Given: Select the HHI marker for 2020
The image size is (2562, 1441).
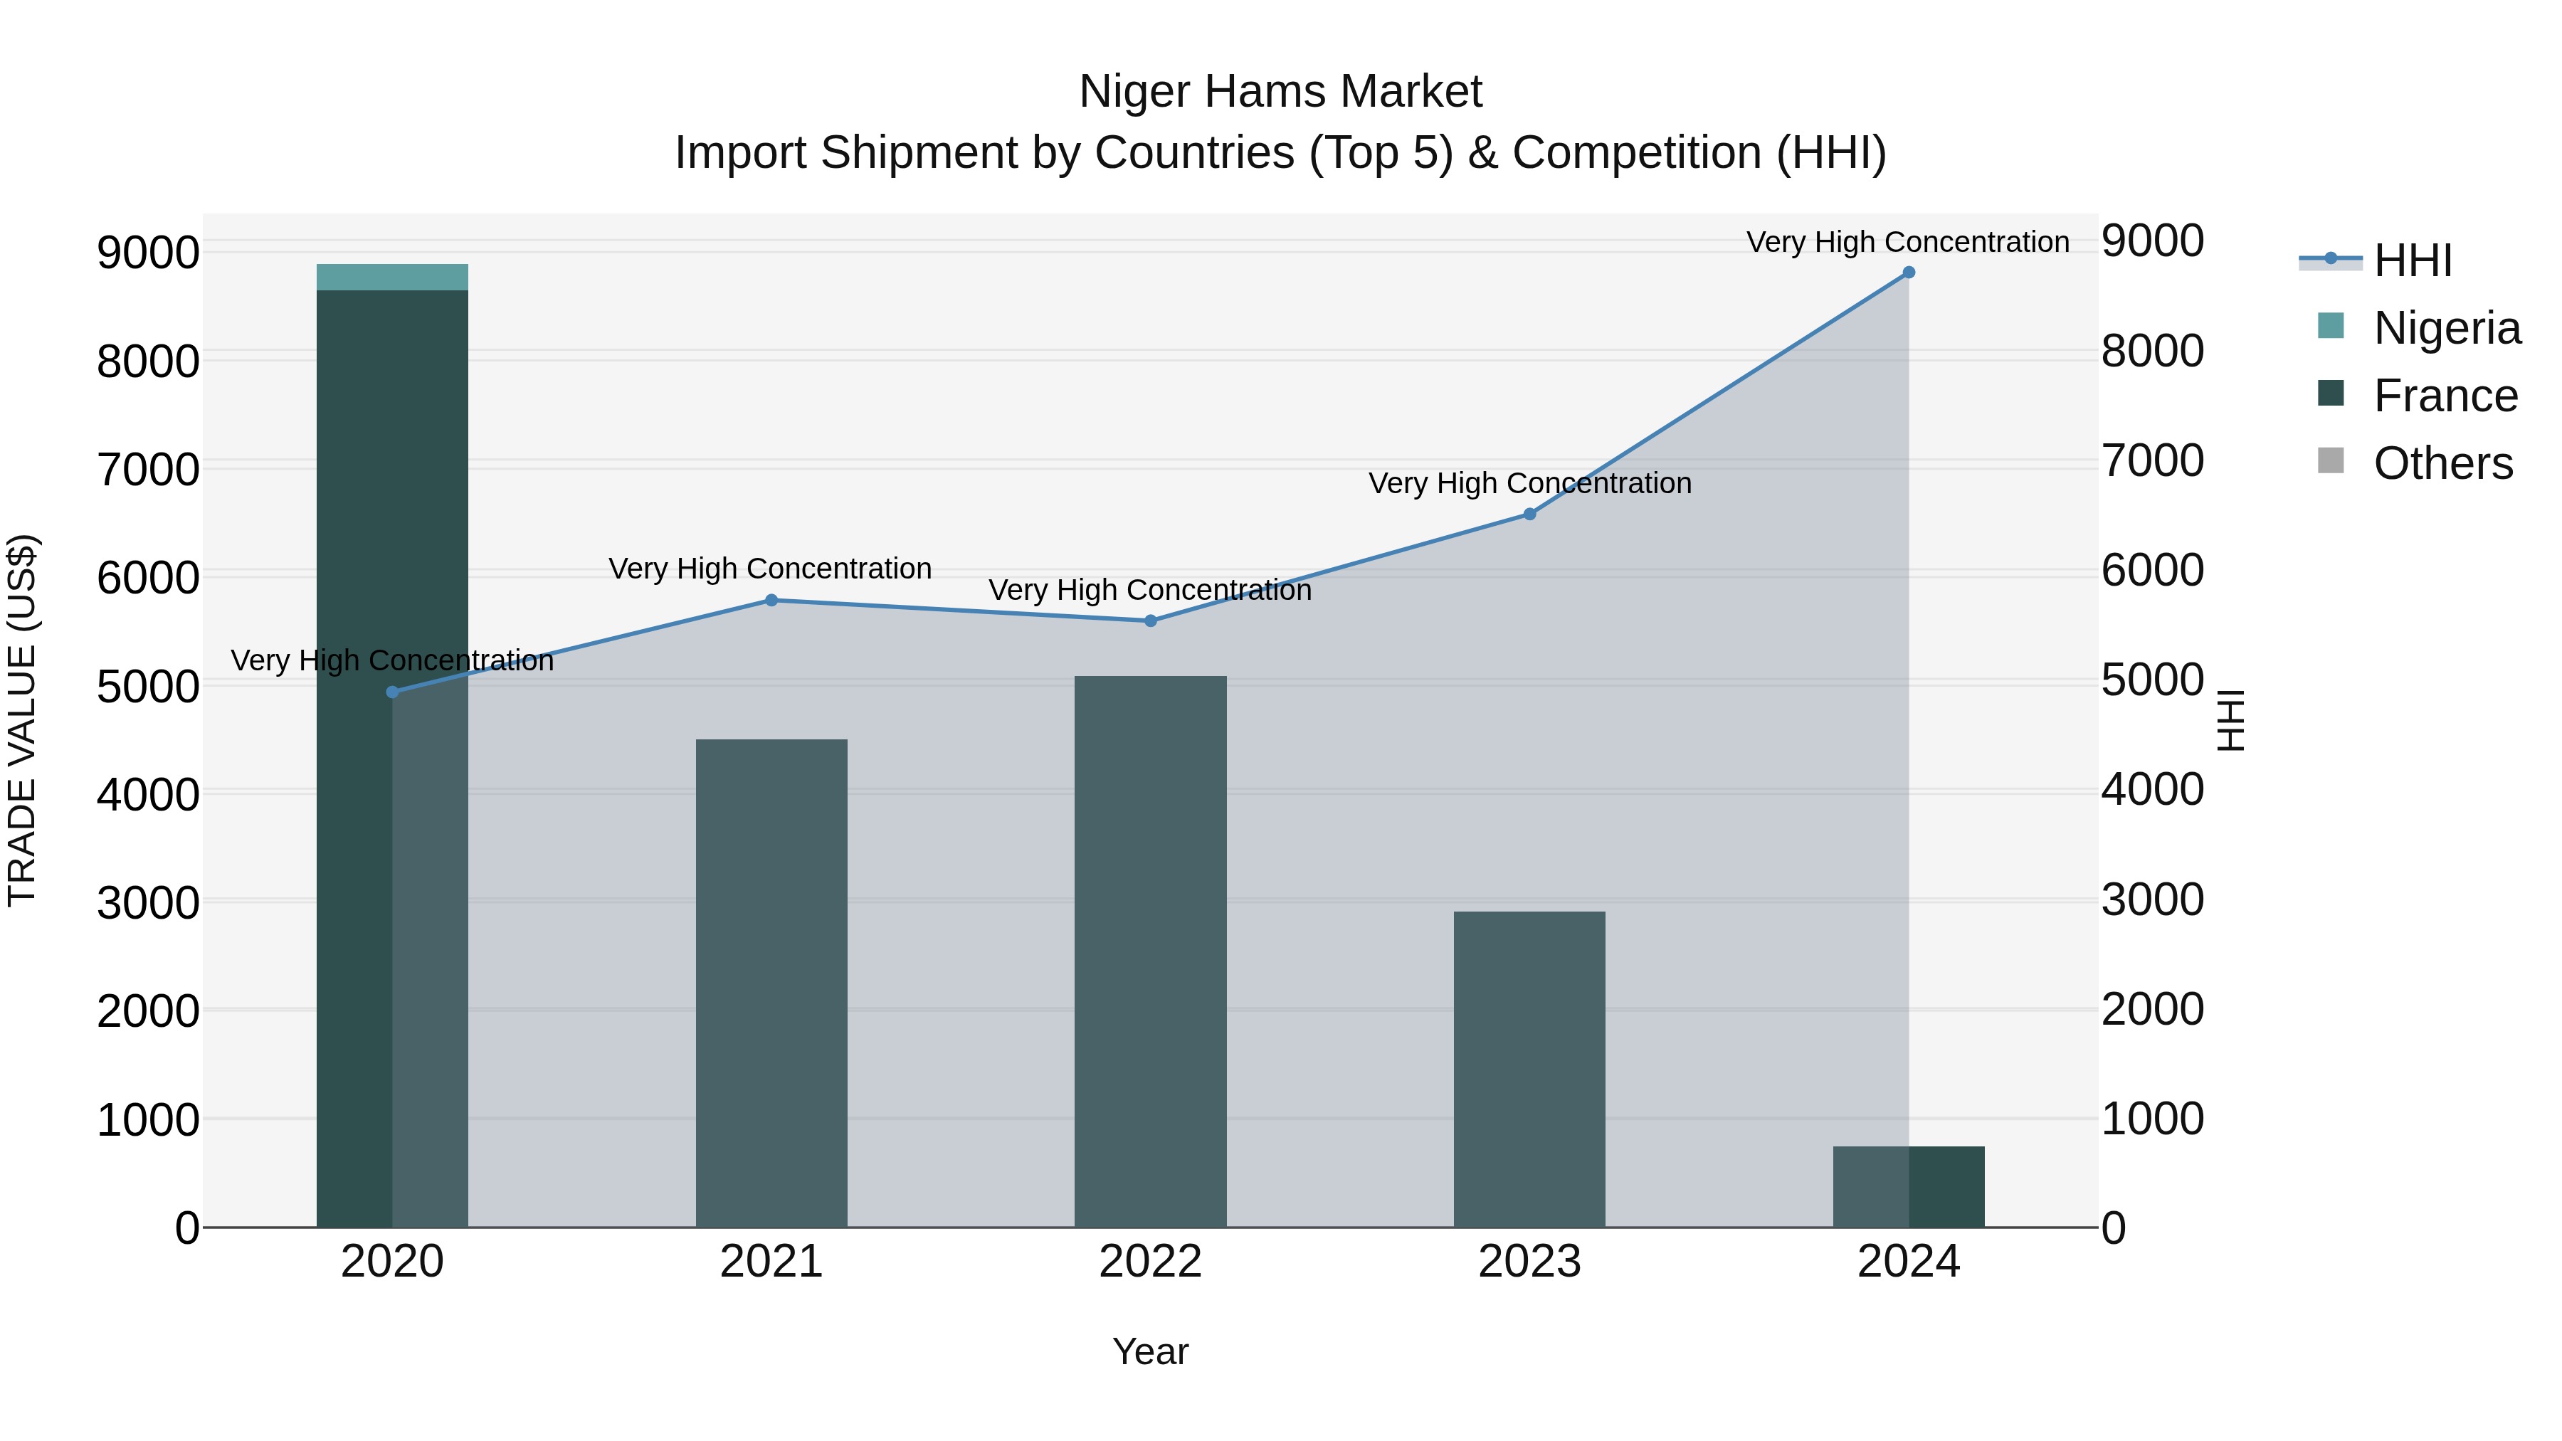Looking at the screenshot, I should [x=392, y=692].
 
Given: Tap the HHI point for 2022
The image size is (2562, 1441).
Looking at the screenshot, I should [x=1151, y=621].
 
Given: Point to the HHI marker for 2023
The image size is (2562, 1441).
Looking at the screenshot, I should [x=1529, y=514].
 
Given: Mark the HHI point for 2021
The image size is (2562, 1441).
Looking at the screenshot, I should [x=771, y=601].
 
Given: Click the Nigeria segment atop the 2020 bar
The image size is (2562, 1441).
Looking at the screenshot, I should [x=392, y=278].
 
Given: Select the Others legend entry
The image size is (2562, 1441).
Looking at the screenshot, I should [x=2442, y=463].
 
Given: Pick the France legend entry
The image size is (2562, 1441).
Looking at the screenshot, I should [x=2445, y=396].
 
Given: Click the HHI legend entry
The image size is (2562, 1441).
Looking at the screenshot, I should [x=2412, y=260].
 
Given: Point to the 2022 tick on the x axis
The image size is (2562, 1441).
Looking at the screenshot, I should [x=1151, y=1262].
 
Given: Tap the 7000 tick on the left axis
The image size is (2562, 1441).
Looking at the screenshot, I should [x=147, y=470].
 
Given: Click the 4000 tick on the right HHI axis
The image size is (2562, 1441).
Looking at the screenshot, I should [x=2154, y=790].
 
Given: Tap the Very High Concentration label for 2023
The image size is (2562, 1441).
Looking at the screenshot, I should [x=1529, y=483].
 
